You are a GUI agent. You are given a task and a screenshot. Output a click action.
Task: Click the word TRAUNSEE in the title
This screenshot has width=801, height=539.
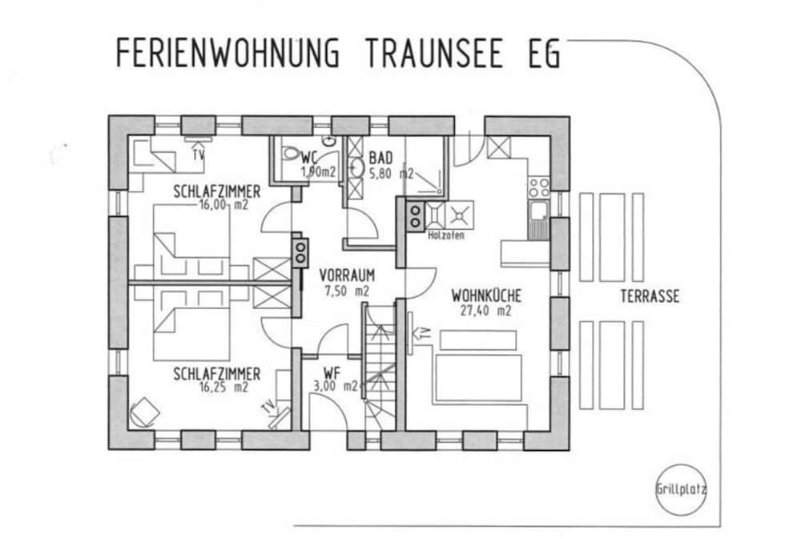[433, 53]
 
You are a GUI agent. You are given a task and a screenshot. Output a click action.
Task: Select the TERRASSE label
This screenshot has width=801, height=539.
[650, 297]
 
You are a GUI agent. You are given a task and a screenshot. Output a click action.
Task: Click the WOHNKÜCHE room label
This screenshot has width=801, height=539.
[486, 296]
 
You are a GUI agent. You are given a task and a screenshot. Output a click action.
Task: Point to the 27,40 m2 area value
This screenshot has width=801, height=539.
[485, 311]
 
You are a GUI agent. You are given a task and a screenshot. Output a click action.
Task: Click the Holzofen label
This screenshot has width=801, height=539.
[446, 235]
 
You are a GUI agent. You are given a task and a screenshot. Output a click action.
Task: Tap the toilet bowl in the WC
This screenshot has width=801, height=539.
[292, 153]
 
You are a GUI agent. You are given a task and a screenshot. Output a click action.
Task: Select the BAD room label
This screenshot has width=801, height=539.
[380, 158]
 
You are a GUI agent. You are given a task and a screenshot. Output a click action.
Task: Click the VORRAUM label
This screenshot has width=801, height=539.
[347, 276]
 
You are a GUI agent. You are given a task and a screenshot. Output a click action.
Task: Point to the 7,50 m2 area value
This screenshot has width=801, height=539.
[347, 292]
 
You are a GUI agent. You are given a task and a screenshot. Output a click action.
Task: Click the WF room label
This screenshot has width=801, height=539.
[332, 372]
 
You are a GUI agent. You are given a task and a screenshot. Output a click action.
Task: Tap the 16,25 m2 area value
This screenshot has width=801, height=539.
[223, 387]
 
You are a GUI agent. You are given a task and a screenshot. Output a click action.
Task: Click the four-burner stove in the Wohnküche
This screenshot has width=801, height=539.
[538, 187]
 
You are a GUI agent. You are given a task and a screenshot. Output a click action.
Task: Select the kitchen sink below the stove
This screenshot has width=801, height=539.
[538, 220]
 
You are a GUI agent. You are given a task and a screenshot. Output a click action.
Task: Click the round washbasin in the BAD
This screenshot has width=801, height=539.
[356, 167]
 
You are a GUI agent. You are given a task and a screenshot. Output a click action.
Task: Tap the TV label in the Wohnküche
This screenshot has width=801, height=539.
[424, 334]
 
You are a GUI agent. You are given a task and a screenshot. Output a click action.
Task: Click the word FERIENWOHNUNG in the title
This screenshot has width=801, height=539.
[227, 53]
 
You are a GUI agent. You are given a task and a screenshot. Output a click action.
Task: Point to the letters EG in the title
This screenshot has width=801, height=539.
[545, 53]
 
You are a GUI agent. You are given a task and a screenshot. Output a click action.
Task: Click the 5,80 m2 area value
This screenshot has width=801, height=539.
[392, 174]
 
